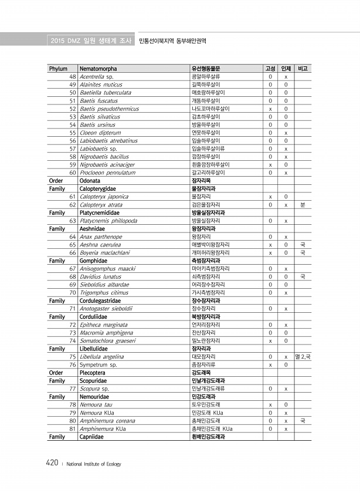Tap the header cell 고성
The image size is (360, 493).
click(270, 69)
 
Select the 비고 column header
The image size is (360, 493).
click(303, 69)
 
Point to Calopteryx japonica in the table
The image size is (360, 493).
click(104, 197)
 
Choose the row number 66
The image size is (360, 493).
click(73, 252)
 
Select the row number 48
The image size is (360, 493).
click(73, 77)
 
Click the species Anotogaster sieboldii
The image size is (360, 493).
click(106, 308)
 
